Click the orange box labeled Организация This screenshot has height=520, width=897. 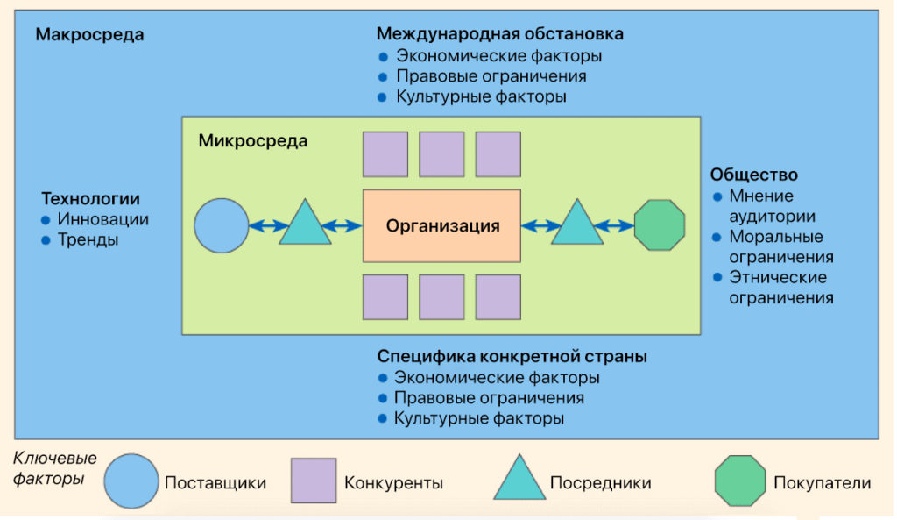pos(442,225)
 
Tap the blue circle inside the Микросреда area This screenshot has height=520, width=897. pos(222,225)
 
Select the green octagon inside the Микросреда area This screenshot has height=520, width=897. pos(659,225)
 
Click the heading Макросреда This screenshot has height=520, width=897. pos(89,35)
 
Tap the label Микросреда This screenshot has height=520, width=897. pos(253,140)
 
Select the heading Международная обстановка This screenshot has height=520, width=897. pos(499,34)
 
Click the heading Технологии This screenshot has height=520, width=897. pos(90,198)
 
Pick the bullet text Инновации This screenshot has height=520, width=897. pos(102,219)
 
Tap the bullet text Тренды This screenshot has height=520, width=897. pos(88,239)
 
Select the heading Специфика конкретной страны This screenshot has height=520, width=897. pos(512,357)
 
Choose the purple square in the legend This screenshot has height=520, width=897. pos(313,481)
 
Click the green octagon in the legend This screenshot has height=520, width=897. pos(738,481)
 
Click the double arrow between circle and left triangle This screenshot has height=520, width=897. pos(265,226)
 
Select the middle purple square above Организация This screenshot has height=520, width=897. pos(441,154)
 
